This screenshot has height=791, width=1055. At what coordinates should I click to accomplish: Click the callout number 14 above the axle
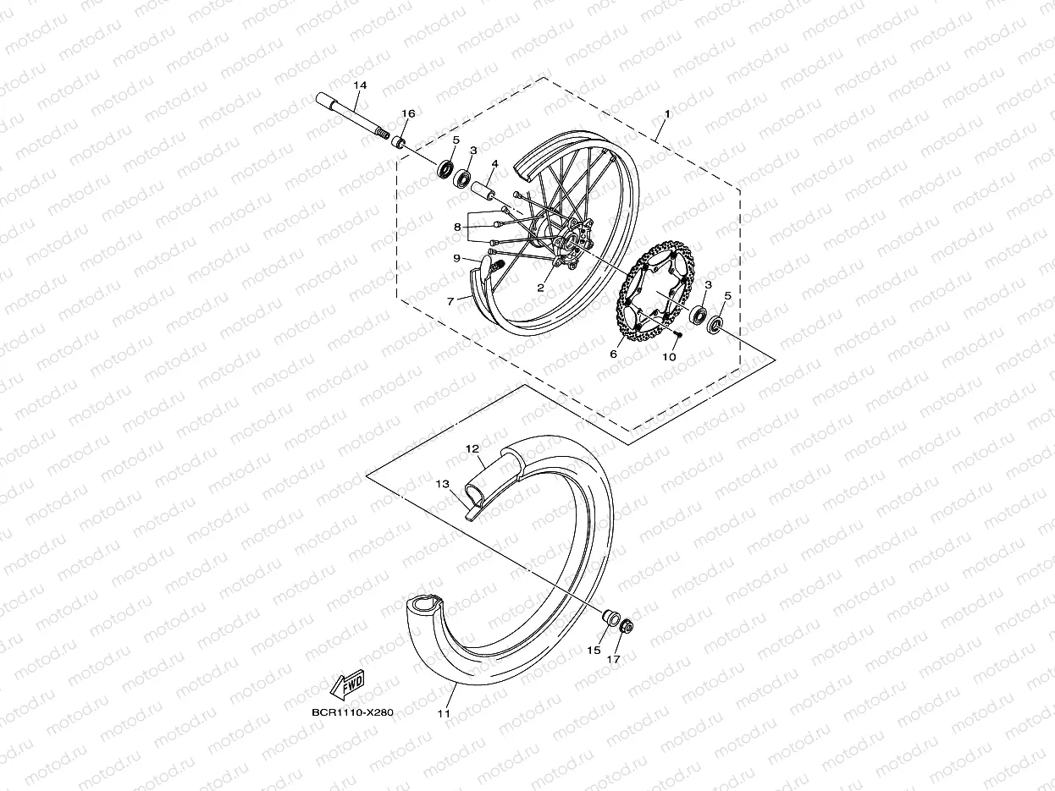tap(360, 86)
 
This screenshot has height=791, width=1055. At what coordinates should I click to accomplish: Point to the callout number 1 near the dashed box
tap(667, 113)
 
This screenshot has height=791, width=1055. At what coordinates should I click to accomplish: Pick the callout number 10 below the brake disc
tap(669, 357)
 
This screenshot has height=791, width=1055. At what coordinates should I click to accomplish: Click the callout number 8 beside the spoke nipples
tap(457, 227)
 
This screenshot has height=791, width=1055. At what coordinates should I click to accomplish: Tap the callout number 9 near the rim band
tap(457, 258)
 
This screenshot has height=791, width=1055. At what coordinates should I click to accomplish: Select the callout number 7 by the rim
tap(452, 299)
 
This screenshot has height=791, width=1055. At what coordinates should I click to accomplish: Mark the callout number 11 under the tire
tap(444, 713)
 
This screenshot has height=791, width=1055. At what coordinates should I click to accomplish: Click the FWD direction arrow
tap(346, 686)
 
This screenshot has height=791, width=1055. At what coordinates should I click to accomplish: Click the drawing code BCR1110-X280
tap(352, 713)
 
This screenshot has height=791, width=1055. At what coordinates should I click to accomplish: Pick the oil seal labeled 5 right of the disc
tap(715, 324)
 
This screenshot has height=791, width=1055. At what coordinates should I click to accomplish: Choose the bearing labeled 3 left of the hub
tap(463, 179)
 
